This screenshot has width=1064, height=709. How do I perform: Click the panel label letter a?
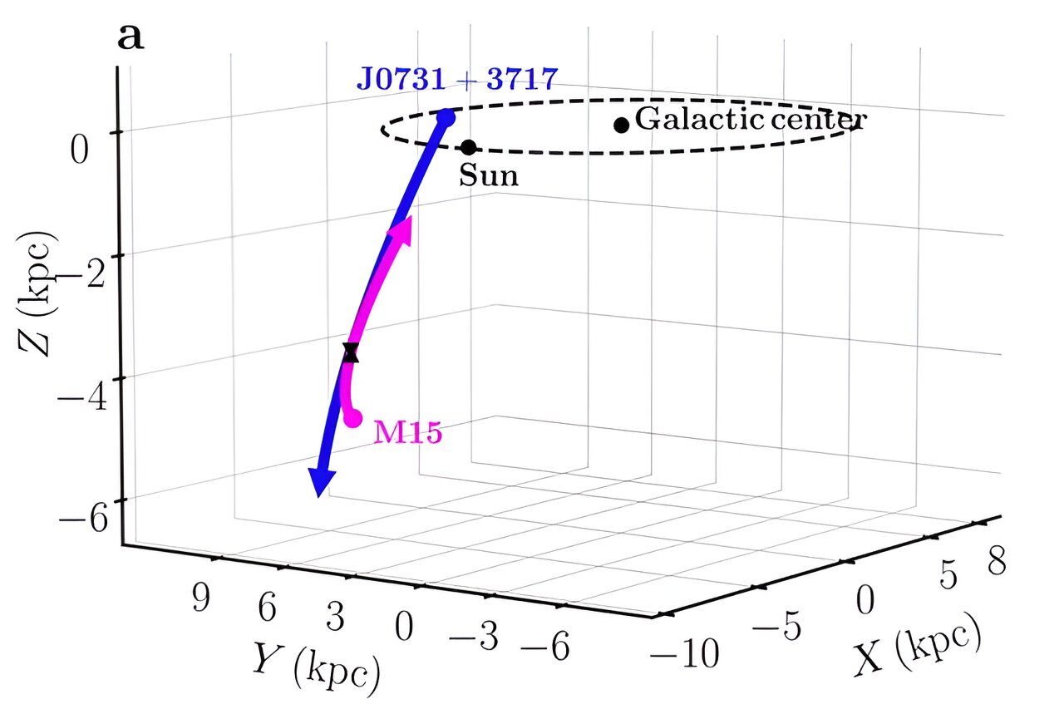point(131,37)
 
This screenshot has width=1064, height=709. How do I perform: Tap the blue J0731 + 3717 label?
point(456,79)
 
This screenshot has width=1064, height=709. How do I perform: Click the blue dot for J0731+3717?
point(446,117)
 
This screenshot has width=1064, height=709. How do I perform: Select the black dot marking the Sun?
point(468,147)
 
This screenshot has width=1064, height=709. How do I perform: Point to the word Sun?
point(488,176)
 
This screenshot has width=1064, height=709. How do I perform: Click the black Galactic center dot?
point(621,125)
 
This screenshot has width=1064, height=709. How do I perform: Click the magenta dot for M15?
point(353,417)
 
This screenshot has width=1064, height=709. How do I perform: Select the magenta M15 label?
point(407,433)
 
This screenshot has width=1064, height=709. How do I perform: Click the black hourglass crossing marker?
point(351,352)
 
